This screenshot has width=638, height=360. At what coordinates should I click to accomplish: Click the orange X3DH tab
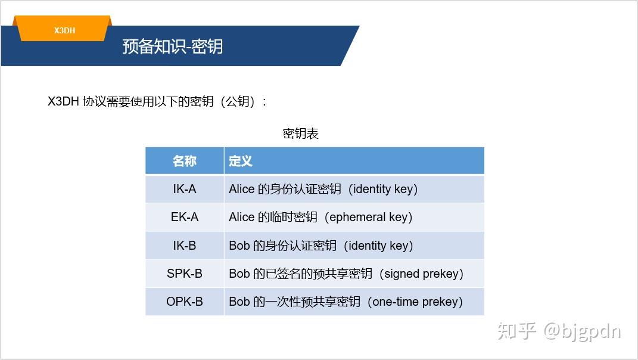pyautogui.click(x=64, y=30)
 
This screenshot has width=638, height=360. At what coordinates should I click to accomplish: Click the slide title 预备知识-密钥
pyautogui.click(x=173, y=46)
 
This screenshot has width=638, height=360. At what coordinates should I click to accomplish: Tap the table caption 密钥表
pyautogui.click(x=300, y=134)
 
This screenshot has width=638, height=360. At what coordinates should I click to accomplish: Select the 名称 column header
pyautogui.click(x=184, y=161)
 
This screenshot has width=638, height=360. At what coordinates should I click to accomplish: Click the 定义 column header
pyautogui.click(x=241, y=161)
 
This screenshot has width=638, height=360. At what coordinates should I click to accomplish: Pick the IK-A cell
pyautogui.click(x=184, y=189)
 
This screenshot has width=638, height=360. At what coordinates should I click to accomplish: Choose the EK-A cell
pyautogui.click(x=184, y=217)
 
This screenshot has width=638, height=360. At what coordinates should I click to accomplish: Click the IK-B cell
pyautogui.click(x=184, y=246)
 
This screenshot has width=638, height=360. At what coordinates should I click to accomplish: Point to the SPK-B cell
pyautogui.click(x=184, y=274)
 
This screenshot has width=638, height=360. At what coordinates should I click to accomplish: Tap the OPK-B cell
pyautogui.click(x=184, y=302)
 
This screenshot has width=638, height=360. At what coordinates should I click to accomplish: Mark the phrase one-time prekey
pyautogui.click(x=415, y=302)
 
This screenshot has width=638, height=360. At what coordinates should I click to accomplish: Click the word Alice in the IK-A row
pyautogui.click(x=241, y=189)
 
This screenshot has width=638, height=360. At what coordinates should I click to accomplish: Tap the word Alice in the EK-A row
pyautogui.click(x=241, y=217)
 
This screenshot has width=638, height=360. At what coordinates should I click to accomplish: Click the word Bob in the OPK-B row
pyautogui.click(x=239, y=302)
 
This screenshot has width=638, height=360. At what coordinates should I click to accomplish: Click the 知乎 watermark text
pyautogui.click(x=517, y=330)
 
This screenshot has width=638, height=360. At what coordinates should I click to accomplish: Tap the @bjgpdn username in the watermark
pyautogui.click(x=582, y=331)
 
